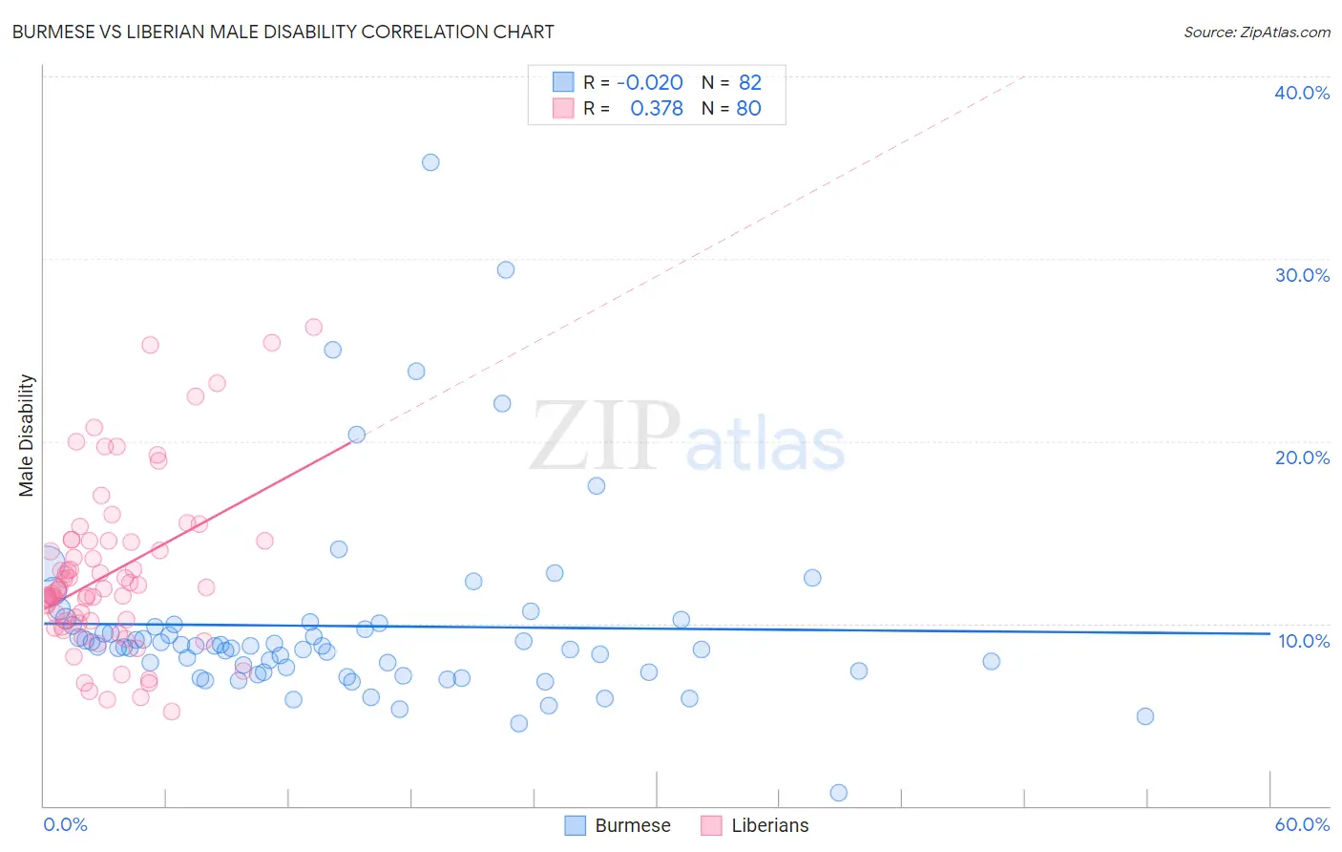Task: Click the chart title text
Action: (x=283, y=32)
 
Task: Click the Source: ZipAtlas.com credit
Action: (x=1256, y=32)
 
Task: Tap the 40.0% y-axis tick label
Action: (x=1301, y=93)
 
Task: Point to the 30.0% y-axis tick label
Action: (x=1301, y=275)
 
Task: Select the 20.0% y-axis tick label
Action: (x=1301, y=458)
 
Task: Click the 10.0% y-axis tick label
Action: (x=1303, y=641)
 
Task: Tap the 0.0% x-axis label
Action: (x=65, y=824)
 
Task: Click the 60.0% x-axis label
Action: (x=1302, y=824)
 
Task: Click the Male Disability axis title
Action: (x=27, y=435)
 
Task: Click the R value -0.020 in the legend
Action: (x=650, y=83)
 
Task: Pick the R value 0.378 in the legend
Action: (x=657, y=109)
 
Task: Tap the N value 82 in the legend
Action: (x=749, y=83)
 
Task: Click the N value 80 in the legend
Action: (x=748, y=109)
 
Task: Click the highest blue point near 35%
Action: (x=430, y=162)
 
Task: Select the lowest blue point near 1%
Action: (x=839, y=793)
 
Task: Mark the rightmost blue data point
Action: (x=1145, y=716)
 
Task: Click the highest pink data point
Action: (x=313, y=328)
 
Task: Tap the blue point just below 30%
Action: (x=506, y=270)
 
